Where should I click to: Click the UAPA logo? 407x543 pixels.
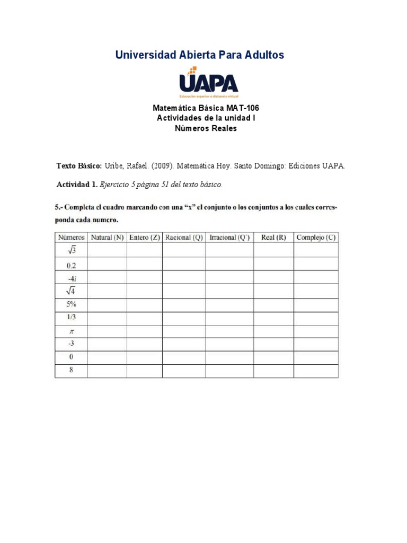pos(208,83)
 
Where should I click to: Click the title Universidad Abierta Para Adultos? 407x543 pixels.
pos(200,55)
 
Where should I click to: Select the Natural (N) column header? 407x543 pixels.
pos(107,238)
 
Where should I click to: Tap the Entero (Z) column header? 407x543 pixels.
pos(145,238)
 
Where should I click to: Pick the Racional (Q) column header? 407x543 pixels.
pos(184,238)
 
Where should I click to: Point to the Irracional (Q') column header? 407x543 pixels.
pos(229,238)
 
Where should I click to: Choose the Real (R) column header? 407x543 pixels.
pos(273,238)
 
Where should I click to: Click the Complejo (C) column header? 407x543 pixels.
pos(316,238)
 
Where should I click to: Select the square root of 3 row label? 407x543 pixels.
pos(70,250)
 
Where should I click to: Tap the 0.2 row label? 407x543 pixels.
pos(71,265)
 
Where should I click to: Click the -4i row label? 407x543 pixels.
pos(71,277)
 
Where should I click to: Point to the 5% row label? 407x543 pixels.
pos(71,305)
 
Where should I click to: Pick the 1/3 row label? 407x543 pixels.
pos(71,318)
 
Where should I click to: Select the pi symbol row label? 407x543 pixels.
pos(71,331)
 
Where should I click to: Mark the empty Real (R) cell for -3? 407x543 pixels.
pos(273,344)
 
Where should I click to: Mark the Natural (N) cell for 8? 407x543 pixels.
pos(107,371)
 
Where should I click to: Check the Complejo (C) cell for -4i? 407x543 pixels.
pos(316,277)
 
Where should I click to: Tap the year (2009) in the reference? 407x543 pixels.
pos(162,166)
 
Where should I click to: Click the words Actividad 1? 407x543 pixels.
pos(77,185)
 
